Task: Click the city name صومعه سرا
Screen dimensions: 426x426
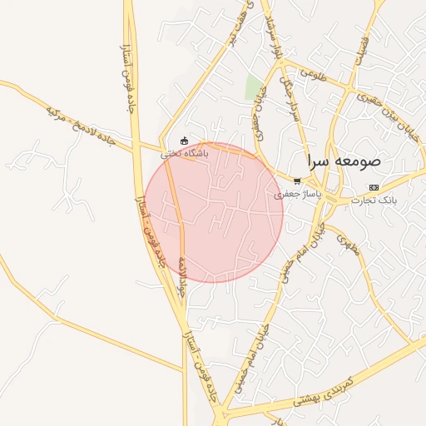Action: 343,161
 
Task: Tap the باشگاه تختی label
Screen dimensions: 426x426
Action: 185,153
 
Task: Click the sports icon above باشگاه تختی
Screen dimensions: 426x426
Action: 185,140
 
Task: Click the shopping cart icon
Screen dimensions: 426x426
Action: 297,181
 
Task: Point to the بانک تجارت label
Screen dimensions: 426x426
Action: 374,201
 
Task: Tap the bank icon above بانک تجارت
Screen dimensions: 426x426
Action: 374,187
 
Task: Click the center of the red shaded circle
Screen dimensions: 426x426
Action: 214,212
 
